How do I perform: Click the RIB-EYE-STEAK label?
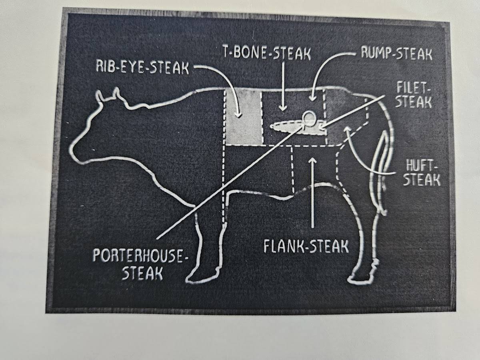tap(142, 68)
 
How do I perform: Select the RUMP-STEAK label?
tap(396, 53)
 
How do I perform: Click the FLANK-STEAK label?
tap(306, 246)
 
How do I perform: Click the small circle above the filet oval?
tap(309, 119)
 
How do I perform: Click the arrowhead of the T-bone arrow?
tap(284, 108)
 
